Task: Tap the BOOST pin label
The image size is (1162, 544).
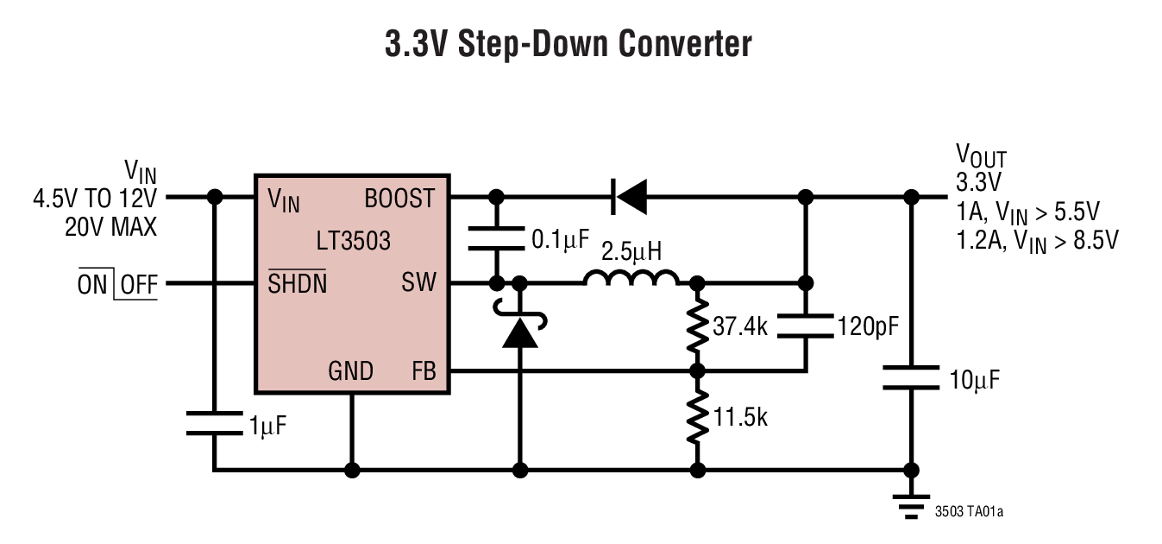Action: pos(399,199)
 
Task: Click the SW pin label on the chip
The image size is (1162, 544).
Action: pos(419,282)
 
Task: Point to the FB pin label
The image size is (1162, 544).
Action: pos(424,372)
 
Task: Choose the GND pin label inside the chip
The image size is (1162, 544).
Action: pos(350,372)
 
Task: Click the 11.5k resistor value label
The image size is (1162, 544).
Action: pos(740,417)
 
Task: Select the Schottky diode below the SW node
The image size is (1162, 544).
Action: pos(520,331)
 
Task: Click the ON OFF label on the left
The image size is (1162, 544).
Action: pos(117,284)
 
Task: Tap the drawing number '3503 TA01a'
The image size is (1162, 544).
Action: pos(969,512)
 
